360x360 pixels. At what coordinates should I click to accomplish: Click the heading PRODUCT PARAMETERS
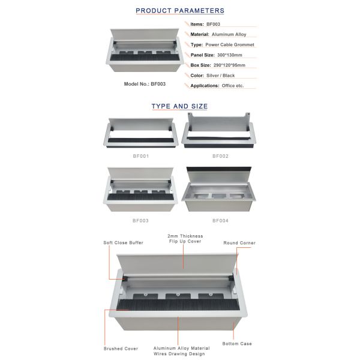[180, 11]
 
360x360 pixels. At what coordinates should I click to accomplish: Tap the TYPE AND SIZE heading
[179, 106]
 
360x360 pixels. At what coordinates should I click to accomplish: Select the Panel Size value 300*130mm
[230, 55]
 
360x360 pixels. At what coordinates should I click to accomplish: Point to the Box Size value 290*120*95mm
[229, 65]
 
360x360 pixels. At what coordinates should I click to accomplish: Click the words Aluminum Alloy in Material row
[229, 34]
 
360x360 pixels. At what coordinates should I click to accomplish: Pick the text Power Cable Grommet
[230, 45]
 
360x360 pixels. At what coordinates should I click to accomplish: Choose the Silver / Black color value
[221, 76]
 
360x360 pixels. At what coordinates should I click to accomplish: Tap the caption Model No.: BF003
[145, 84]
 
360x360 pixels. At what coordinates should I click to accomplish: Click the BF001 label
[141, 156]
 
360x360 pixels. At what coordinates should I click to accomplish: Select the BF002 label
[220, 156]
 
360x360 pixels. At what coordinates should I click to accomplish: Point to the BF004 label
[220, 221]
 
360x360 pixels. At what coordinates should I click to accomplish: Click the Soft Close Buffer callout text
[123, 242]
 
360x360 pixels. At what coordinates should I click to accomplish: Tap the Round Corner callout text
[239, 243]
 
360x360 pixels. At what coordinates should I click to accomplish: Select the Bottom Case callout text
[237, 344]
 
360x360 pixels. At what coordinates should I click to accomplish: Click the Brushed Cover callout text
[121, 349]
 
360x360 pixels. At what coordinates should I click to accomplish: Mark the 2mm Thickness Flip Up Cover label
[185, 239]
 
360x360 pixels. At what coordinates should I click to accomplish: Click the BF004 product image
[219, 189]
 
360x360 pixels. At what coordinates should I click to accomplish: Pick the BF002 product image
[219, 130]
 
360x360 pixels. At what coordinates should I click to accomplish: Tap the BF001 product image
[141, 133]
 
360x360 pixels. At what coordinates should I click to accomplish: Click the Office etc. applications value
[233, 86]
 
